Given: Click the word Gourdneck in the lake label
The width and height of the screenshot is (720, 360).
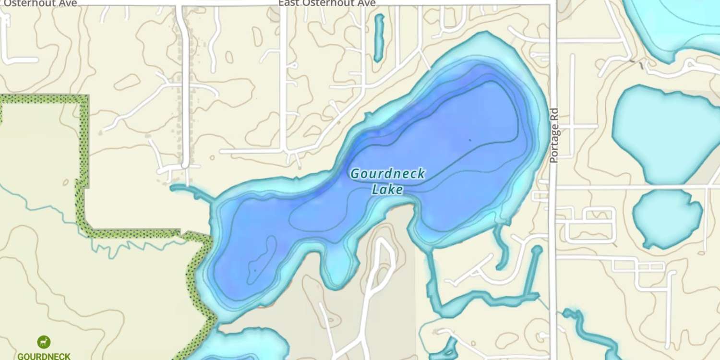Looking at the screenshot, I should tap(387, 174).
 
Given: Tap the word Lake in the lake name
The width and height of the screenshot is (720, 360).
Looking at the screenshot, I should tap(387, 190).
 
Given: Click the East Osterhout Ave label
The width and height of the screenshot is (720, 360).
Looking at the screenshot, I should tap(327, 3).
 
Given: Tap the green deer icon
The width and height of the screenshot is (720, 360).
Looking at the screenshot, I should tap(44, 342).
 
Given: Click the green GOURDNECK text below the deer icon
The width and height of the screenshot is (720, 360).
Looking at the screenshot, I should tap(44, 356).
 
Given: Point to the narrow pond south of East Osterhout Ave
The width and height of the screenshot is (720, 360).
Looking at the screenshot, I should tap(379, 37).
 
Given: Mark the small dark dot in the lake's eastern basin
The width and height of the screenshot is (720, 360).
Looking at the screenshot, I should tap(470, 140).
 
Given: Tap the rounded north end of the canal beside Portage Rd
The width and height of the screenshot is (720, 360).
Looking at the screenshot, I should tap(537, 250).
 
